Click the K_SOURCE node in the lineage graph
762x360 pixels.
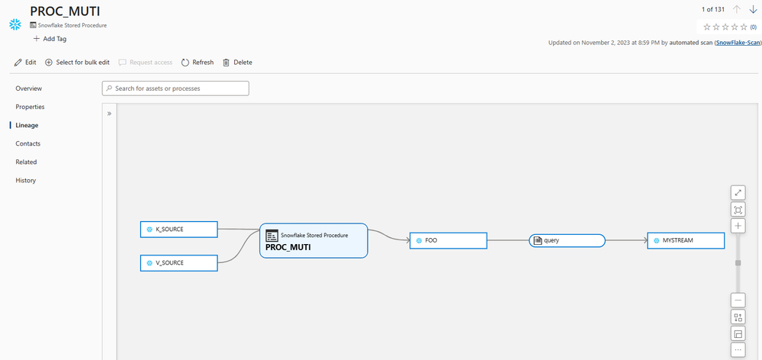tap(178, 230)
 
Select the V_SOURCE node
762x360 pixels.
tap(178, 263)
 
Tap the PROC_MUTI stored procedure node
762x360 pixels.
tap(313, 240)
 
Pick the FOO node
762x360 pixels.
tap(448, 240)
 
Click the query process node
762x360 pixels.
tap(567, 240)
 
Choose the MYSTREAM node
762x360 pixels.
tap(686, 240)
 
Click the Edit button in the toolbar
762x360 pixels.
tap(25, 63)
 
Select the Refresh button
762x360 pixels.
tap(198, 63)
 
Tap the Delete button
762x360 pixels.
tap(238, 63)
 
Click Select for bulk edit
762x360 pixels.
tap(77, 63)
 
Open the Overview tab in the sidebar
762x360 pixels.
tap(29, 88)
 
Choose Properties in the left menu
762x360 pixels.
tap(31, 107)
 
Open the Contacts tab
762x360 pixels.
tap(27, 144)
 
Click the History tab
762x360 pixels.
tap(26, 180)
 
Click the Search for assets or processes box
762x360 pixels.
tap(175, 88)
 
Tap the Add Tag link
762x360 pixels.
tap(50, 39)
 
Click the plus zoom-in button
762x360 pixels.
tap(738, 226)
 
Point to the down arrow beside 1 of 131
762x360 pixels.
tap(754, 10)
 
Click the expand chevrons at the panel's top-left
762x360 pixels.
tap(109, 114)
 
